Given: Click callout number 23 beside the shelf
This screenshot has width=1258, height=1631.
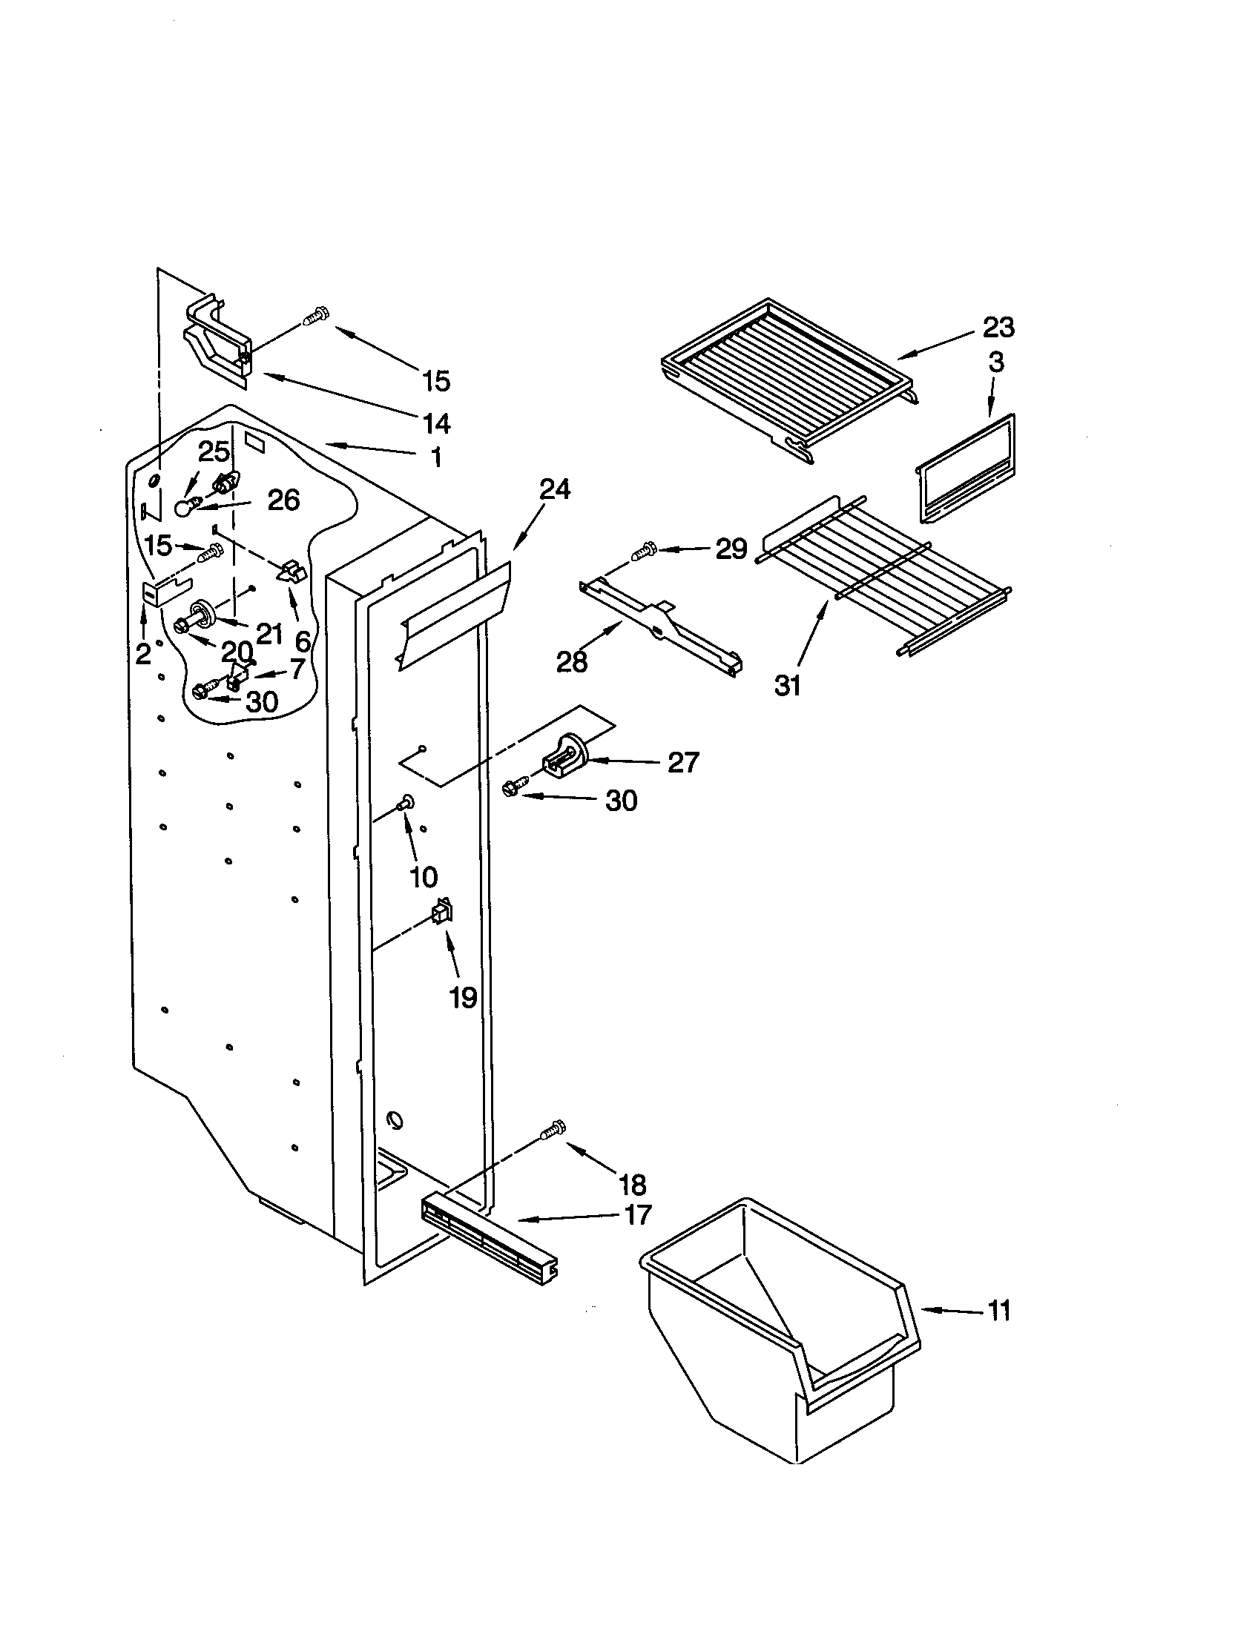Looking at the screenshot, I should [x=998, y=327].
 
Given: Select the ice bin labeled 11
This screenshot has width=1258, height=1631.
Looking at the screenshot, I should [x=777, y=1344].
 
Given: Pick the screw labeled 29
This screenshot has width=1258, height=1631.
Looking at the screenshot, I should [x=641, y=553].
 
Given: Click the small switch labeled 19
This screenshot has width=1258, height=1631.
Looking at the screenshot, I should [x=441, y=912].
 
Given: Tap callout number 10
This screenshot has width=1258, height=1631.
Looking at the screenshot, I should [x=424, y=877].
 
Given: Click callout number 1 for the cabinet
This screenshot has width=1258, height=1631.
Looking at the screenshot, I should [x=436, y=456].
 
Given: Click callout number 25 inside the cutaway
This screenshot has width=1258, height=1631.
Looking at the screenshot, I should [x=214, y=451].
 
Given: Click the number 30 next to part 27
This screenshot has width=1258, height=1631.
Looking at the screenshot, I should [x=621, y=801].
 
